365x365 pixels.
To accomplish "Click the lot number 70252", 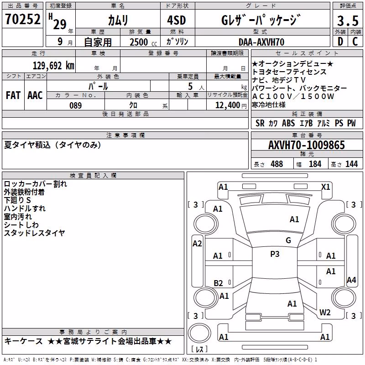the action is (23, 19).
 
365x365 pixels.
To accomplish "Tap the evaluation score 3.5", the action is (348, 21).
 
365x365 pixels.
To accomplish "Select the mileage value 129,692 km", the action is (53, 66).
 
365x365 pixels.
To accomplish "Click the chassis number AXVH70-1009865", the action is (307, 145).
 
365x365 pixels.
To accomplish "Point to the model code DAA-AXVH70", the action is (261, 42).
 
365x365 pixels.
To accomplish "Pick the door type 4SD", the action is (177, 20).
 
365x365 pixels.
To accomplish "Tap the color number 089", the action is (76, 105).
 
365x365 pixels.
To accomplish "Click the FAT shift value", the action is (13, 95).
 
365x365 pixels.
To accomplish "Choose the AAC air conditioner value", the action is (35, 95).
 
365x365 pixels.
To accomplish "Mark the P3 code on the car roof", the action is (275, 254).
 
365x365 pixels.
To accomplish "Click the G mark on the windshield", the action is (288, 240).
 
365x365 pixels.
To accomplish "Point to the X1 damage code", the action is (325, 187).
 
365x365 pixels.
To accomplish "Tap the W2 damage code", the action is (325, 312).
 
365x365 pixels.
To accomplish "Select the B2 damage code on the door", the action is (218, 283).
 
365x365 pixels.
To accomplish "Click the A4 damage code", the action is (351, 280).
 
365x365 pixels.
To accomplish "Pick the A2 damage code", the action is (197, 244).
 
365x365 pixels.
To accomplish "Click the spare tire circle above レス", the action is (199, 333).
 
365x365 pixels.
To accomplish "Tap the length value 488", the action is (277, 164).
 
